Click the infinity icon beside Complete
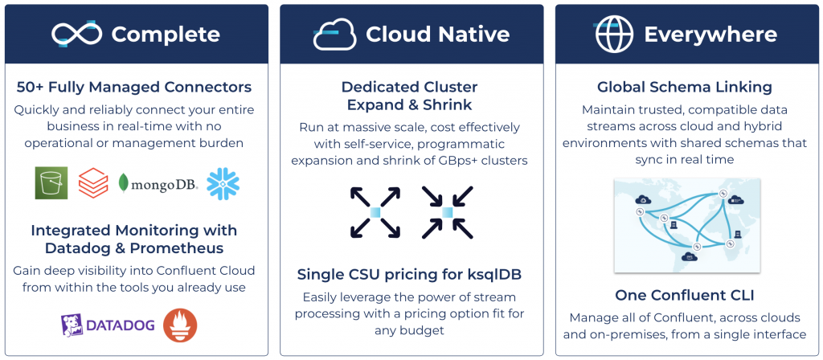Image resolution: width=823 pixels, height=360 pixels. tap(77, 34)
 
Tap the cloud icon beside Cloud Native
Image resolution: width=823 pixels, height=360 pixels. tap(334, 34)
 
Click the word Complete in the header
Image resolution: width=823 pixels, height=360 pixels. tap(166, 35)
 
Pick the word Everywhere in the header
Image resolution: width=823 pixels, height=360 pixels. tap(710, 35)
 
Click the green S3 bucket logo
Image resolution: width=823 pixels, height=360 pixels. tap(51, 183)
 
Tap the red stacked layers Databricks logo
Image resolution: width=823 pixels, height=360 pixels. tap(93, 183)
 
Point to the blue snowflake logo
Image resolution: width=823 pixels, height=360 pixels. tap(223, 183)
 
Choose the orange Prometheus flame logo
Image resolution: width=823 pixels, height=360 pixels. tap(180, 325)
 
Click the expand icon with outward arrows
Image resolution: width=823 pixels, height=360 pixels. tap(375, 212)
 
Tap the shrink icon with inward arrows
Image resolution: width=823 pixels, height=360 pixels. tap(448, 212)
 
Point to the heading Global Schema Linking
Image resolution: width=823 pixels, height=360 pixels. tap(684, 87)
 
